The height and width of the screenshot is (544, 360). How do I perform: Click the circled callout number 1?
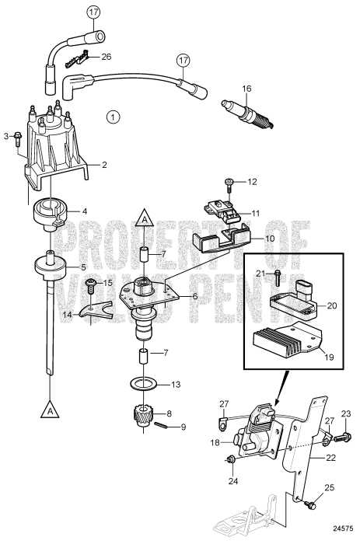click(x=114, y=117)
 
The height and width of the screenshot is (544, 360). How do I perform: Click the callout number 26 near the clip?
click(x=107, y=56)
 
